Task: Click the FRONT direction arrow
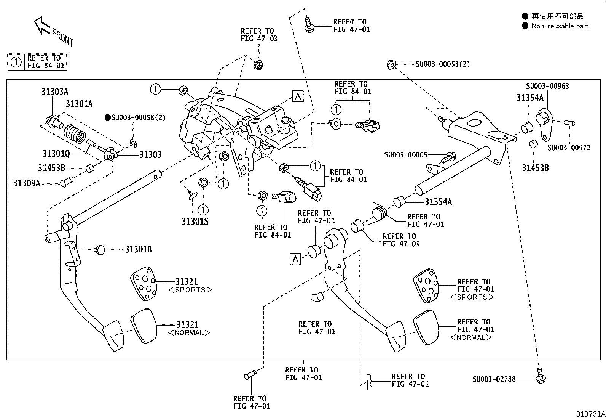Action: coord(42,26)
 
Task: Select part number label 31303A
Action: coord(55,92)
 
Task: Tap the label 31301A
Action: coord(79,104)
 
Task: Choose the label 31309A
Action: coord(27,183)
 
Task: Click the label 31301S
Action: coord(195,222)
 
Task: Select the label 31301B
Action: coord(139,249)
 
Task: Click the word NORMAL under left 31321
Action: coord(189,333)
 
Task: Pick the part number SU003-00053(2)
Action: coord(442,64)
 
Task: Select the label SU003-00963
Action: coord(547,86)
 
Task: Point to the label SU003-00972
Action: coord(569,148)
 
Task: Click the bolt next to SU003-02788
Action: coord(540,376)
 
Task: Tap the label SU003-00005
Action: coord(405,155)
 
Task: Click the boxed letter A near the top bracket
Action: coord(298,96)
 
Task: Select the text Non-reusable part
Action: coord(560,26)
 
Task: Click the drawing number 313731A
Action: coord(590,414)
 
